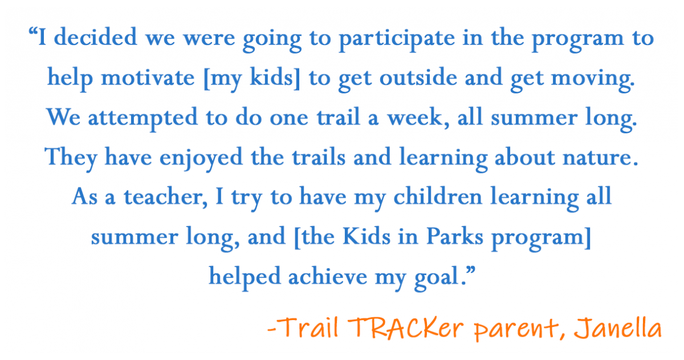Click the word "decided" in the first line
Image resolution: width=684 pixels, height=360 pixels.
95,37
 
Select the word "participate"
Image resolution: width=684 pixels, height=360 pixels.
397,40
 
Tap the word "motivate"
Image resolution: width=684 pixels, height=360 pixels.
148,77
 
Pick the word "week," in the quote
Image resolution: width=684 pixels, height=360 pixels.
418,118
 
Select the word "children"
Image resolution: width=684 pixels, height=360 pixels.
438,196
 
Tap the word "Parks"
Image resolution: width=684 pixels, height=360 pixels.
455,236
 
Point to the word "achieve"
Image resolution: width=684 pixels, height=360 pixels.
328,276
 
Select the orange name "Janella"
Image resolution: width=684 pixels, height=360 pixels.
617,328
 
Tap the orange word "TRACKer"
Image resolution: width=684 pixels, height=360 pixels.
405,328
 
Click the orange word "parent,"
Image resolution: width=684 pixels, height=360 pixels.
520,330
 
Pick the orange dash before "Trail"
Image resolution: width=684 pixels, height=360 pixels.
271,330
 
